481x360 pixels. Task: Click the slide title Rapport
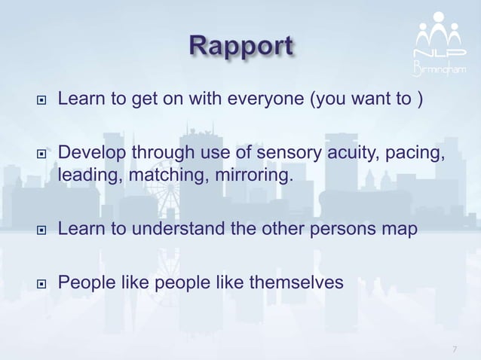(240, 46)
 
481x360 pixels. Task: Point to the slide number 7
(455, 349)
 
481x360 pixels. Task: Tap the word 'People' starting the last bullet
(85, 283)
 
